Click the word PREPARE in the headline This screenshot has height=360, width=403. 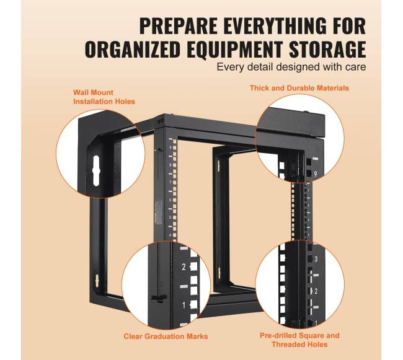178,25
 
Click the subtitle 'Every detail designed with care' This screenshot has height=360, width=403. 291,67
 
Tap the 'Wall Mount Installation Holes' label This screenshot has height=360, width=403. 104,97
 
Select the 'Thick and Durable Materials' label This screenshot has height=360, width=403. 299,88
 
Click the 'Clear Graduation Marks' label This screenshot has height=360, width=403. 166,336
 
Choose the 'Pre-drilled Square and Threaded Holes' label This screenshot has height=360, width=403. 299,340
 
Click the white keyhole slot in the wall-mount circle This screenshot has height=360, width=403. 95,170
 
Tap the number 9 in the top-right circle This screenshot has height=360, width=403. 316,174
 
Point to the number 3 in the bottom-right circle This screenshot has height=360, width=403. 316,259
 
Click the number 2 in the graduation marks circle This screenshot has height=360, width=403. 184,267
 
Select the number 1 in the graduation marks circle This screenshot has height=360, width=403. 184,305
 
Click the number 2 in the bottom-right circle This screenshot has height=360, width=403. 316,291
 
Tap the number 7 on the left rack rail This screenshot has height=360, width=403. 170,182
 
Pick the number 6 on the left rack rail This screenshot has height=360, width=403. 170,200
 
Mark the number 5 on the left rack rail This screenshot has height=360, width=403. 170,217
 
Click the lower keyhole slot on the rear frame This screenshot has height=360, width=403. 97,281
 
